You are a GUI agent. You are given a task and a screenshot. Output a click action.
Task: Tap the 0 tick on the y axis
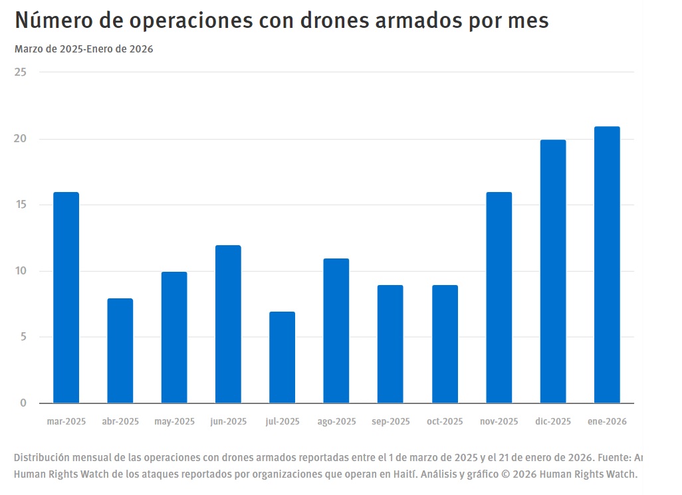[x=23, y=403]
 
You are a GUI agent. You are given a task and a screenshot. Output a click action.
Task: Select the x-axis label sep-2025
[x=391, y=422]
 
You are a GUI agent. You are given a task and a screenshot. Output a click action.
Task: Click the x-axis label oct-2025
[x=445, y=422]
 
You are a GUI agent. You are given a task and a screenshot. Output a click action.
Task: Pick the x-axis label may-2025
[x=174, y=422]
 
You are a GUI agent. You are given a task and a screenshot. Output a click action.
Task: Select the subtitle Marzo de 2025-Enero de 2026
[x=84, y=49]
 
